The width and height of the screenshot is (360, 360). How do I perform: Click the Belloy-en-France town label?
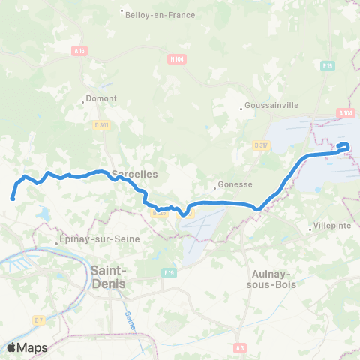[160, 13]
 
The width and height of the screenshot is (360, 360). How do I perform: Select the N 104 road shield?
[177, 58]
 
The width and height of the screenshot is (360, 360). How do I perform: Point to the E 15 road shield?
[328, 66]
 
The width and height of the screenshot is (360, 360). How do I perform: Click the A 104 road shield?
[345, 113]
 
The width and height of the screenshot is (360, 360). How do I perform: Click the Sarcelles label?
[134, 174]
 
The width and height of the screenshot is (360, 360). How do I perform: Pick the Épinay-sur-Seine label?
[83, 241]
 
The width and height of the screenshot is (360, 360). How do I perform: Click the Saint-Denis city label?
[109, 277]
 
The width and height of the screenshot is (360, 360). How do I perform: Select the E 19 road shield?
[170, 273]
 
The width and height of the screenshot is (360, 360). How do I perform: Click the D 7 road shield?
[39, 320]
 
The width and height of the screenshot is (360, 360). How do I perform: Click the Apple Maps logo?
[27, 347]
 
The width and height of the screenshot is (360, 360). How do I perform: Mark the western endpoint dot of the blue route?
[13, 199]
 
